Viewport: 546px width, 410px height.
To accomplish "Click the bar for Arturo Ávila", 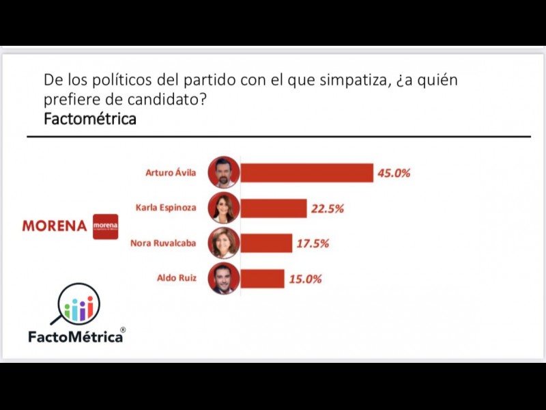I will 307,173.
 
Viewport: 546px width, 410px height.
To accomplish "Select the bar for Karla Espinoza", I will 274,208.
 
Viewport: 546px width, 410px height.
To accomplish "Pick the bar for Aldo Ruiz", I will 263,279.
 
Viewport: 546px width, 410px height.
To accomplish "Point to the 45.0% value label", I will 394,173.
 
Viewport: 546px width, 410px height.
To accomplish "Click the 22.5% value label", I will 327,208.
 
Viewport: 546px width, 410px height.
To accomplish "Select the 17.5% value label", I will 312,243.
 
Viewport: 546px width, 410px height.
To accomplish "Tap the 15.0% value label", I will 304,279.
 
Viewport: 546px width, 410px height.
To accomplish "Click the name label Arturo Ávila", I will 171,173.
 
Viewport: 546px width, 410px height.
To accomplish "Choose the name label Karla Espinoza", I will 167,208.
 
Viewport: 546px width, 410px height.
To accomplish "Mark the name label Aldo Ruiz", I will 176,278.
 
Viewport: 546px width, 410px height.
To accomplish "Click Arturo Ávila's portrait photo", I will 225,172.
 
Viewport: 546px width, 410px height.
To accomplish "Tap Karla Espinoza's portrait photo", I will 225,208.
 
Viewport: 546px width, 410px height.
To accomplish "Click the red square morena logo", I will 105,226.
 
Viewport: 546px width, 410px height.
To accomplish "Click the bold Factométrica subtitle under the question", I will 89,119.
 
